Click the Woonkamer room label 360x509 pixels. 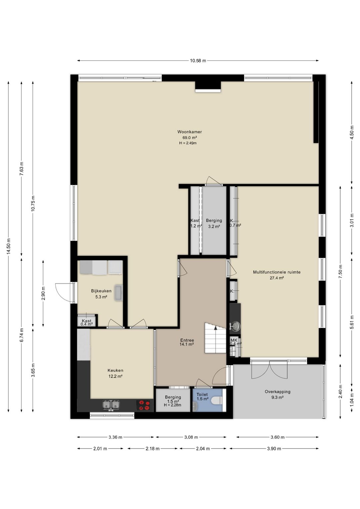[189, 132]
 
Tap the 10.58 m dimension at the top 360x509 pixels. [198, 61]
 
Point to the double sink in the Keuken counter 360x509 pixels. [111, 405]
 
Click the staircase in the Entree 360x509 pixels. [215, 338]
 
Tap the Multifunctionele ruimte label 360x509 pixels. [277, 272]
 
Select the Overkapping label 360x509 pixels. [277, 392]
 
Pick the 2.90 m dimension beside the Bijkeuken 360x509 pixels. [43, 293]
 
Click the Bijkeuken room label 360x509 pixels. [101, 291]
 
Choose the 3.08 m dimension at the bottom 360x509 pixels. [191, 437]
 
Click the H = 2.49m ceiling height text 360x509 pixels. [188, 143]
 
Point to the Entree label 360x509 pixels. [187, 340]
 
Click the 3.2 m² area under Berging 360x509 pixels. [214, 226]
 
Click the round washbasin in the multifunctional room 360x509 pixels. [235, 326]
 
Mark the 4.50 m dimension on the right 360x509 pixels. [352, 132]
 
